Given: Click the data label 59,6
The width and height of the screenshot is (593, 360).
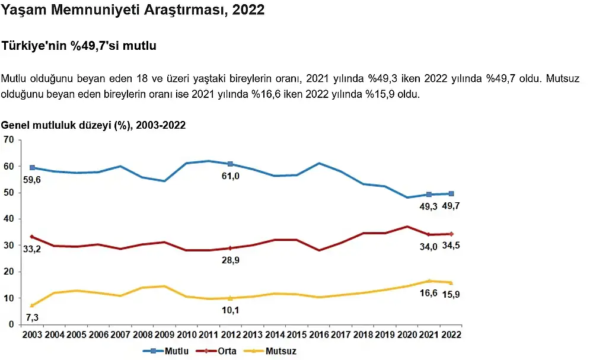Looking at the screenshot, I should point(32,179).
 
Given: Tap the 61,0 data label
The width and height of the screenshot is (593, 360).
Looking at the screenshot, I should point(230,176).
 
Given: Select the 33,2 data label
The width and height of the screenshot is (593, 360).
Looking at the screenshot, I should point(33,249).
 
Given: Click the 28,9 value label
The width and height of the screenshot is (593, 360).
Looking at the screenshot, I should point(230,260).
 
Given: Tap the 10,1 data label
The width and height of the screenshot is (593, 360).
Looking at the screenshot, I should point(230,310).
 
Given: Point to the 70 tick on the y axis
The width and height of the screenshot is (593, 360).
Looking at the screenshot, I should point(8,140).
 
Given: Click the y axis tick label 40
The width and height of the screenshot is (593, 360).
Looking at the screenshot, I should point(8,219).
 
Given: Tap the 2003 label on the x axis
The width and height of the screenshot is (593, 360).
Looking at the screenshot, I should point(32,335).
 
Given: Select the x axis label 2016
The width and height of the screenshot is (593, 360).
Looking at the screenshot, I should point(319,335).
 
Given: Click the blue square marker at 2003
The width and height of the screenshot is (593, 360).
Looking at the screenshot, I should point(32,168).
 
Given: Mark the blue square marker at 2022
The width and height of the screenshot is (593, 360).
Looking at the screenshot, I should point(452,193).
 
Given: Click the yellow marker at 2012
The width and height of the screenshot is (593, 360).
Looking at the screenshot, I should point(230,298).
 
